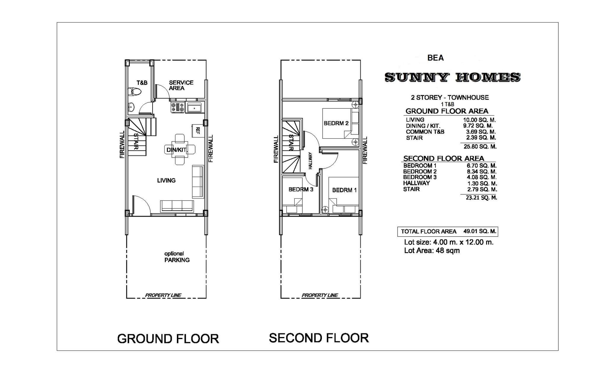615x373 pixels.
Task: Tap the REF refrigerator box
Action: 198,130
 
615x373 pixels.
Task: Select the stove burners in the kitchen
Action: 178,107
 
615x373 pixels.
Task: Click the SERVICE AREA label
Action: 181,85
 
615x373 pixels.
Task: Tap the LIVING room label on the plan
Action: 166,180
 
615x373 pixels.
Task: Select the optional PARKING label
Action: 177,257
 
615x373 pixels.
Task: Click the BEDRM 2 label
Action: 336,123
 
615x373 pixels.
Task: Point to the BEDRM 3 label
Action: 301,189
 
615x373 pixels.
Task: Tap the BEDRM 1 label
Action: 344,190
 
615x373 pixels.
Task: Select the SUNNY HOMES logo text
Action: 452,77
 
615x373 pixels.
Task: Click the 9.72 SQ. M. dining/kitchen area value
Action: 478,126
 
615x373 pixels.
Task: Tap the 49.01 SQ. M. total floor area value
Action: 480,231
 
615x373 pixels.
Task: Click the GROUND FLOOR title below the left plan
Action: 168,339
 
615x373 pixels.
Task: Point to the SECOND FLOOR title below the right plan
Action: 319,338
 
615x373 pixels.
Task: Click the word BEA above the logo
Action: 435,58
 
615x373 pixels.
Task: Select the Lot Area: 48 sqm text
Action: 432,251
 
